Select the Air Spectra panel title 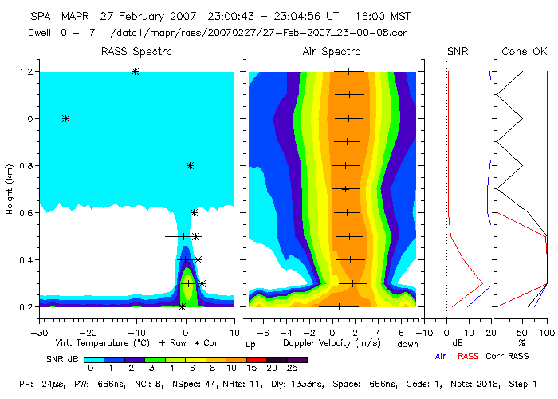click(332, 52)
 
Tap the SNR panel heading click(458, 52)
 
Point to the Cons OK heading click(524, 52)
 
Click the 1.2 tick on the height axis click(26, 72)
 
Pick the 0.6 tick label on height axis click(26, 213)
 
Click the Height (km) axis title click(9, 190)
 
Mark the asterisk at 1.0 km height click(65, 119)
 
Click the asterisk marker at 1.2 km click(135, 72)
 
